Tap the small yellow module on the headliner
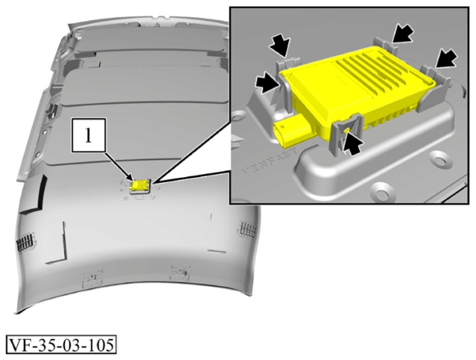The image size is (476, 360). tap(139, 184)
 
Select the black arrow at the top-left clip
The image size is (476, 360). tap(279, 45)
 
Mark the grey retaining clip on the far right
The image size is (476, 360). tap(435, 81)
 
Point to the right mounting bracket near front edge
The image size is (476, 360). tap(180, 272)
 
